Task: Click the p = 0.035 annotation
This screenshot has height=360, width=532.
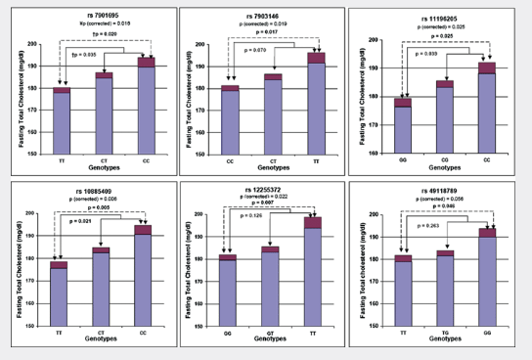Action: [84, 57]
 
